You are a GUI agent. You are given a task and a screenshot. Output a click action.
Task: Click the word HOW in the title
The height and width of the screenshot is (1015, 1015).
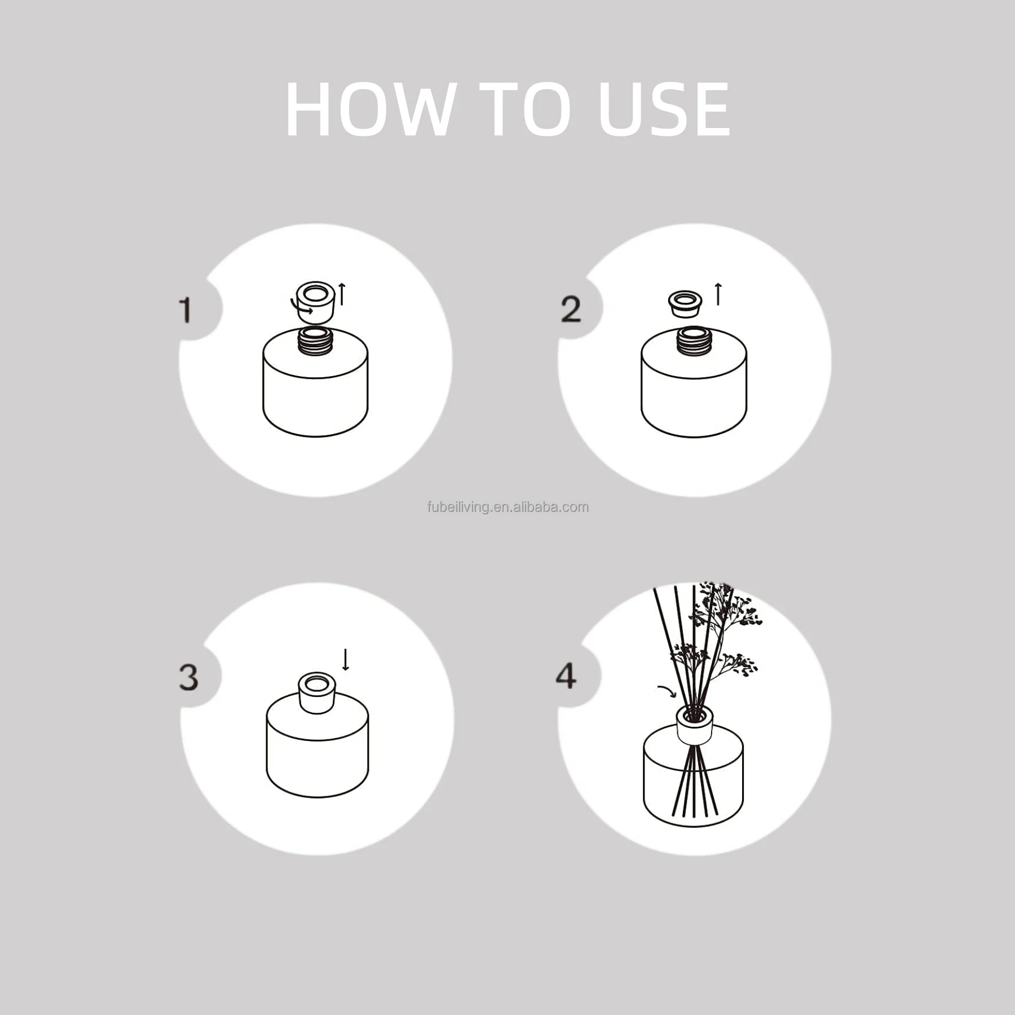[370, 109]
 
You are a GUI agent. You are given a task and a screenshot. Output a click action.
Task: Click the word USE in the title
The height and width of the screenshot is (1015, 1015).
[664, 109]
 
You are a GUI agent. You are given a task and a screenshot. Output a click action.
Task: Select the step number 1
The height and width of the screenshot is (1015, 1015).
[185, 310]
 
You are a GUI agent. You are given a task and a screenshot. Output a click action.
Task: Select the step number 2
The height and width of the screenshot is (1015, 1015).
[571, 310]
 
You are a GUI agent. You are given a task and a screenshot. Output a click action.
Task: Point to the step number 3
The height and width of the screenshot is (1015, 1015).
[189, 677]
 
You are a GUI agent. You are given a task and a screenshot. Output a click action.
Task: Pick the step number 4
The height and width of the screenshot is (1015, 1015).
[566, 676]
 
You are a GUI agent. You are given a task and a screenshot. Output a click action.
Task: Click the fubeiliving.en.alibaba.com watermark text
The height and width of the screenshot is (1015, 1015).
[507, 507]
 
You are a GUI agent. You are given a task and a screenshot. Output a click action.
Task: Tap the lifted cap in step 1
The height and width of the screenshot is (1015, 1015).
[316, 302]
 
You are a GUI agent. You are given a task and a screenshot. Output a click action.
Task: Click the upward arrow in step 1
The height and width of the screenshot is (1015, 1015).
[341, 294]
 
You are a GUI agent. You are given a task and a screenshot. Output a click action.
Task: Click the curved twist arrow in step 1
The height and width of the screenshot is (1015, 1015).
[301, 308]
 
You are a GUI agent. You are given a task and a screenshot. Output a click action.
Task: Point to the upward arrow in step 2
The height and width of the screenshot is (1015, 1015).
[718, 294]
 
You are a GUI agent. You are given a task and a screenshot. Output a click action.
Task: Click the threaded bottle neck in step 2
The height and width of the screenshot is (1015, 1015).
[694, 341]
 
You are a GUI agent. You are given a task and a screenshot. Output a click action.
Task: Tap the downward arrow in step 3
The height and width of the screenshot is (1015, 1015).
[346, 660]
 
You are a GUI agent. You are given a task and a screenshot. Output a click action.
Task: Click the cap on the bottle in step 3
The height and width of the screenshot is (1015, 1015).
[316, 693]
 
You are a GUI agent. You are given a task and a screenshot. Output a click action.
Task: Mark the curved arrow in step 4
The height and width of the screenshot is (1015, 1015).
[668, 691]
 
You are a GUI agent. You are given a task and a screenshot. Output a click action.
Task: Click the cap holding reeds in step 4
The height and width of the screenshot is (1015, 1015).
[695, 725]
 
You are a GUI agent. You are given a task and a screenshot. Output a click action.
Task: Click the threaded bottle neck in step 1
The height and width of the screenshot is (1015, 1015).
[316, 341]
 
